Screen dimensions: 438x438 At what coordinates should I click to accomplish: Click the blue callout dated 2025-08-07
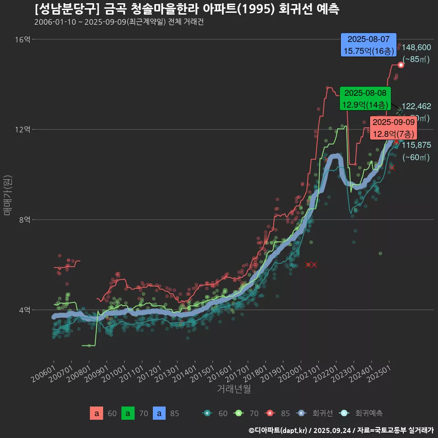click(369, 45)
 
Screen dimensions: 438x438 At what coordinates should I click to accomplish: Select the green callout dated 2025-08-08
click(365, 99)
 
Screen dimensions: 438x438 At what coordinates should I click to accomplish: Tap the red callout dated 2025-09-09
click(393, 128)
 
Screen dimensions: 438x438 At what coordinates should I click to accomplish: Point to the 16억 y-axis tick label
click(22, 40)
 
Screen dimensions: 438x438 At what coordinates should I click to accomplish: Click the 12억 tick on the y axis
click(22, 130)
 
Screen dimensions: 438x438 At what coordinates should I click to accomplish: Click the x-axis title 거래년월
click(234, 389)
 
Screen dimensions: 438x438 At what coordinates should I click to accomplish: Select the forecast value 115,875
click(417, 145)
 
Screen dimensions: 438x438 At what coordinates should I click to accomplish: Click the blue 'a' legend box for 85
click(159, 413)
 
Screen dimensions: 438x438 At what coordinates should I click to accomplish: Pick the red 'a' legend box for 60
click(96, 413)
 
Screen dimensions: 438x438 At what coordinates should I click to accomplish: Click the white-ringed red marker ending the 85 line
click(401, 65)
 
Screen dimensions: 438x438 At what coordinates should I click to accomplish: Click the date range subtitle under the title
click(119, 22)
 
